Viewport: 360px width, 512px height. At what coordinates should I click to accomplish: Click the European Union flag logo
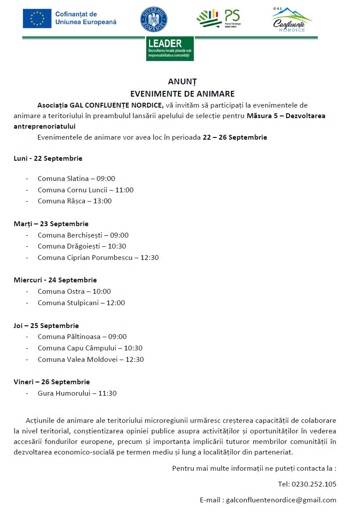pyautogui.click(x=37, y=18)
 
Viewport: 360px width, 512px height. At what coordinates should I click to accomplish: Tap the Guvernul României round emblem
pyautogui.click(x=154, y=19)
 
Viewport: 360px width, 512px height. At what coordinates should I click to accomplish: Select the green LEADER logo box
pyautogui.click(x=170, y=48)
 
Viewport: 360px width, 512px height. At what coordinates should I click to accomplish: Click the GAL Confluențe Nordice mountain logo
pyautogui.click(x=292, y=20)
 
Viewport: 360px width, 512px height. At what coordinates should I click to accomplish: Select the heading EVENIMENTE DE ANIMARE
pyautogui.click(x=182, y=94)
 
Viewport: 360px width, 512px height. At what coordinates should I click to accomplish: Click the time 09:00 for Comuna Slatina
pyautogui.click(x=105, y=179)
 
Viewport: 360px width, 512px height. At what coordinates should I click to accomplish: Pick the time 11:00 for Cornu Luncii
pyautogui.click(x=124, y=190)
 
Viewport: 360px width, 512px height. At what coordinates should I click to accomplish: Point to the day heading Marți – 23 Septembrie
pyautogui.click(x=51, y=224)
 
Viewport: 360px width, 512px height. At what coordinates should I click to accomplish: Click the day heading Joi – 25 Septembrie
pyautogui.click(x=46, y=326)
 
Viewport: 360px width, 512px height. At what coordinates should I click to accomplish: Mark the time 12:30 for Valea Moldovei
pyautogui.click(x=134, y=360)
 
